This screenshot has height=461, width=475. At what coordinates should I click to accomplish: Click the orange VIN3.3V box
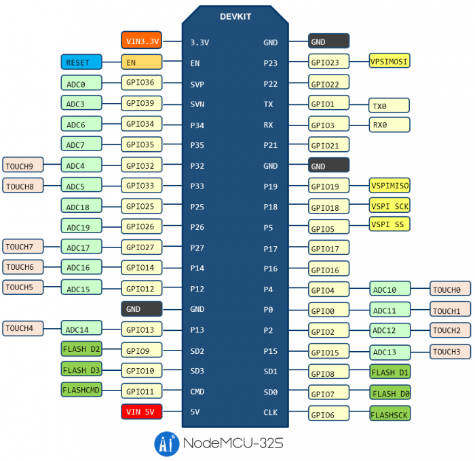pos(142,41)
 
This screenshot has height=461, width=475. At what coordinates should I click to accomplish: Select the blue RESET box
pos(81,62)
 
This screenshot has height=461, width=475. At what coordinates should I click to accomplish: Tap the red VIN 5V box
pos(142,411)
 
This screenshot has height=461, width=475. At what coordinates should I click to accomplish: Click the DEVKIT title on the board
pos(236,16)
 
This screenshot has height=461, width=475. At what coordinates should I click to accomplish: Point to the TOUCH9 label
pos(23,165)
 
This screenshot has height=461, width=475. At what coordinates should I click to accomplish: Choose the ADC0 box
pos(81,83)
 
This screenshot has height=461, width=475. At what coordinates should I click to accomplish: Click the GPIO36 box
pos(142,83)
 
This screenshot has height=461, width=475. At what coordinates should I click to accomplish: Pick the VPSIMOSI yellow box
pos(389,61)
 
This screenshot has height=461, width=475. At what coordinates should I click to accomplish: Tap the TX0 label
pos(389,106)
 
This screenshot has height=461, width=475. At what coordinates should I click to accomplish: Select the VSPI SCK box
pos(389,205)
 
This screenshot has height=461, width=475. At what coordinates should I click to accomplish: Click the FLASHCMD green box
pos(81,390)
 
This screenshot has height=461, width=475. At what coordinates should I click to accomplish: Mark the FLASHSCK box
pos(389,413)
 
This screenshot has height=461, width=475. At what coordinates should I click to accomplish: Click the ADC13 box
pos(389,352)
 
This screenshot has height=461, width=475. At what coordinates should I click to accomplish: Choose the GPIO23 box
pos(328,62)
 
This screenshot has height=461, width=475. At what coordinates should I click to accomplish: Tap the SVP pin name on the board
pos(197,85)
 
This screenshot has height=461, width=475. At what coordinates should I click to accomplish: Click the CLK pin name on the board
pos(270,412)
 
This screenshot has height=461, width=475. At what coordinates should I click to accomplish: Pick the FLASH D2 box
pos(81,350)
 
